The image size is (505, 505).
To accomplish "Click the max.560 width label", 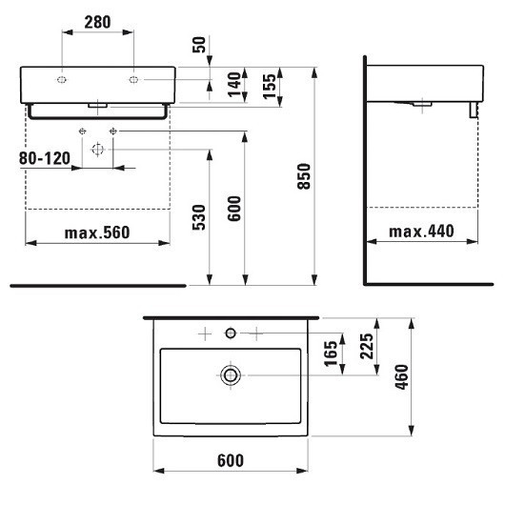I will click(x=96, y=232).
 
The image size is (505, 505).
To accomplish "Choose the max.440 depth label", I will click(x=421, y=232).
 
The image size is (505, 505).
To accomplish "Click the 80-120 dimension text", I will click(x=44, y=159).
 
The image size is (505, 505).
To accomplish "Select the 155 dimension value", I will click(x=270, y=86).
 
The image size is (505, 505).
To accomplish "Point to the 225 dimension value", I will click(x=368, y=347).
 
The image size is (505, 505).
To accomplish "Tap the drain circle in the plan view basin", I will click(x=231, y=374).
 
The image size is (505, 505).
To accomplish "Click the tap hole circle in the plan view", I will click(x=230, y=333).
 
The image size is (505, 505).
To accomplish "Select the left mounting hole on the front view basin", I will click(x=62, y=77).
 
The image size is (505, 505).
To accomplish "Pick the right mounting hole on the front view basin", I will click(x=133, y=77).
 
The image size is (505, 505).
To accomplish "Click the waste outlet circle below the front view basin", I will click(x=97, y=150).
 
